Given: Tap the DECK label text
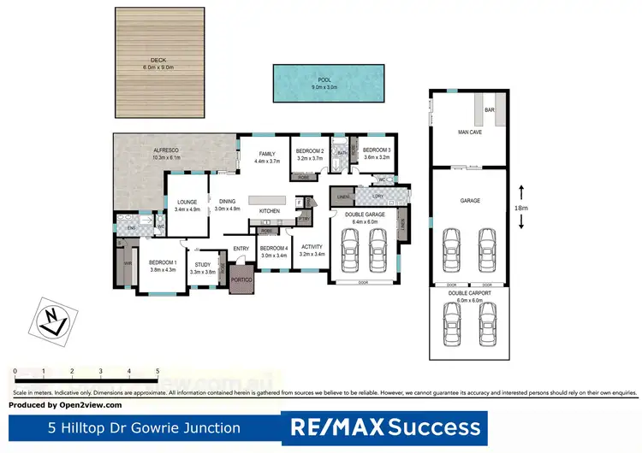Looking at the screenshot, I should [x=158, y=60].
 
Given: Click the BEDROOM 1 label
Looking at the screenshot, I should [x=163, y=262].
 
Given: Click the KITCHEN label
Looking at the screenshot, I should [x=270, y=211].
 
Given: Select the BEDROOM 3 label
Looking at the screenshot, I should [x=377, y=150].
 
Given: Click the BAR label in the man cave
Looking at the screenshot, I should [x=490, y=110].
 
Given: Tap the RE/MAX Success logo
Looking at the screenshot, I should [x=385, y=427].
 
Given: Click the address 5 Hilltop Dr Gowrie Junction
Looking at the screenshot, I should [x=144, y=427].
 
